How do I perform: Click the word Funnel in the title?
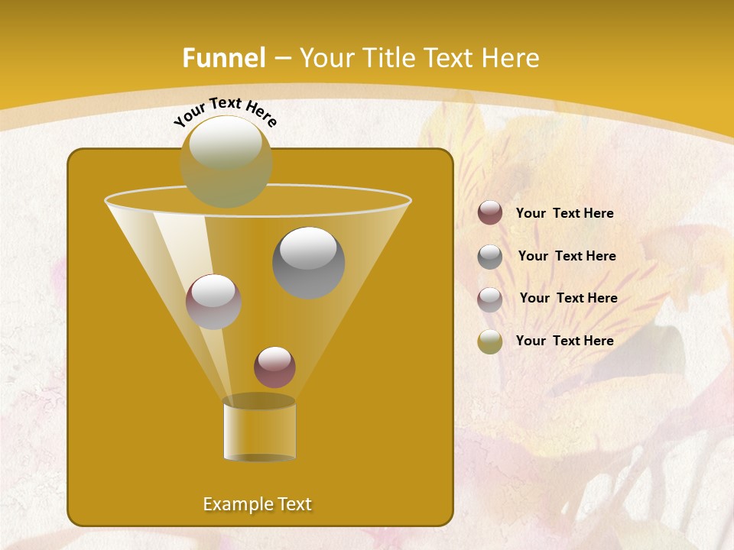pos(223,58)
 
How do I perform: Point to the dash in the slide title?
pos(281,58)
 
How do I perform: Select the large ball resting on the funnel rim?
pos(226,161)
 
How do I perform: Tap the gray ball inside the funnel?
pos(308,262)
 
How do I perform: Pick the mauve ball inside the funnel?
pos(213,301)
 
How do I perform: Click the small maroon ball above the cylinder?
pos(274,367)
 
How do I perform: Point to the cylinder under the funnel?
pos(259,429)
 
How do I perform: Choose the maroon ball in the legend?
pos(490,213)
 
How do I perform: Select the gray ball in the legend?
pos(490,257)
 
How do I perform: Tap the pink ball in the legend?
pos(490,299)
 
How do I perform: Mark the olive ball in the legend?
pos(490,341)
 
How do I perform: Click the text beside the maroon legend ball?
pos(564,214)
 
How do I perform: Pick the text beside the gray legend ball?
pos(567,257)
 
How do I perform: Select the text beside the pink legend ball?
pos(568,299)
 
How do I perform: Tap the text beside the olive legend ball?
pos(564,341)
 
